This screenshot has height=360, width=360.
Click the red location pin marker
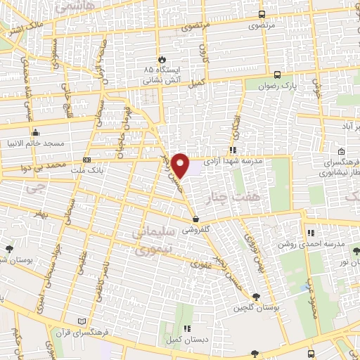181,165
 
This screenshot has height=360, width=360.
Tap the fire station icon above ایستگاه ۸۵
162,60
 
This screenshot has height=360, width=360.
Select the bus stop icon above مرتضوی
262,14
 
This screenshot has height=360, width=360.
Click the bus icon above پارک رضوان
277,75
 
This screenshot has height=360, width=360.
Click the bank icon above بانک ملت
86,160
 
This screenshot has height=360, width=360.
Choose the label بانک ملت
91,170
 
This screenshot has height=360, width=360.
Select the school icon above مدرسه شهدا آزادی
232,150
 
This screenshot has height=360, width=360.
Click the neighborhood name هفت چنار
259,199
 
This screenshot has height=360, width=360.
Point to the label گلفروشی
198,230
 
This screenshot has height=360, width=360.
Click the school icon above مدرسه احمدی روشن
310,233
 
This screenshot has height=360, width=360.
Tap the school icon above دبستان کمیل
186,328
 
